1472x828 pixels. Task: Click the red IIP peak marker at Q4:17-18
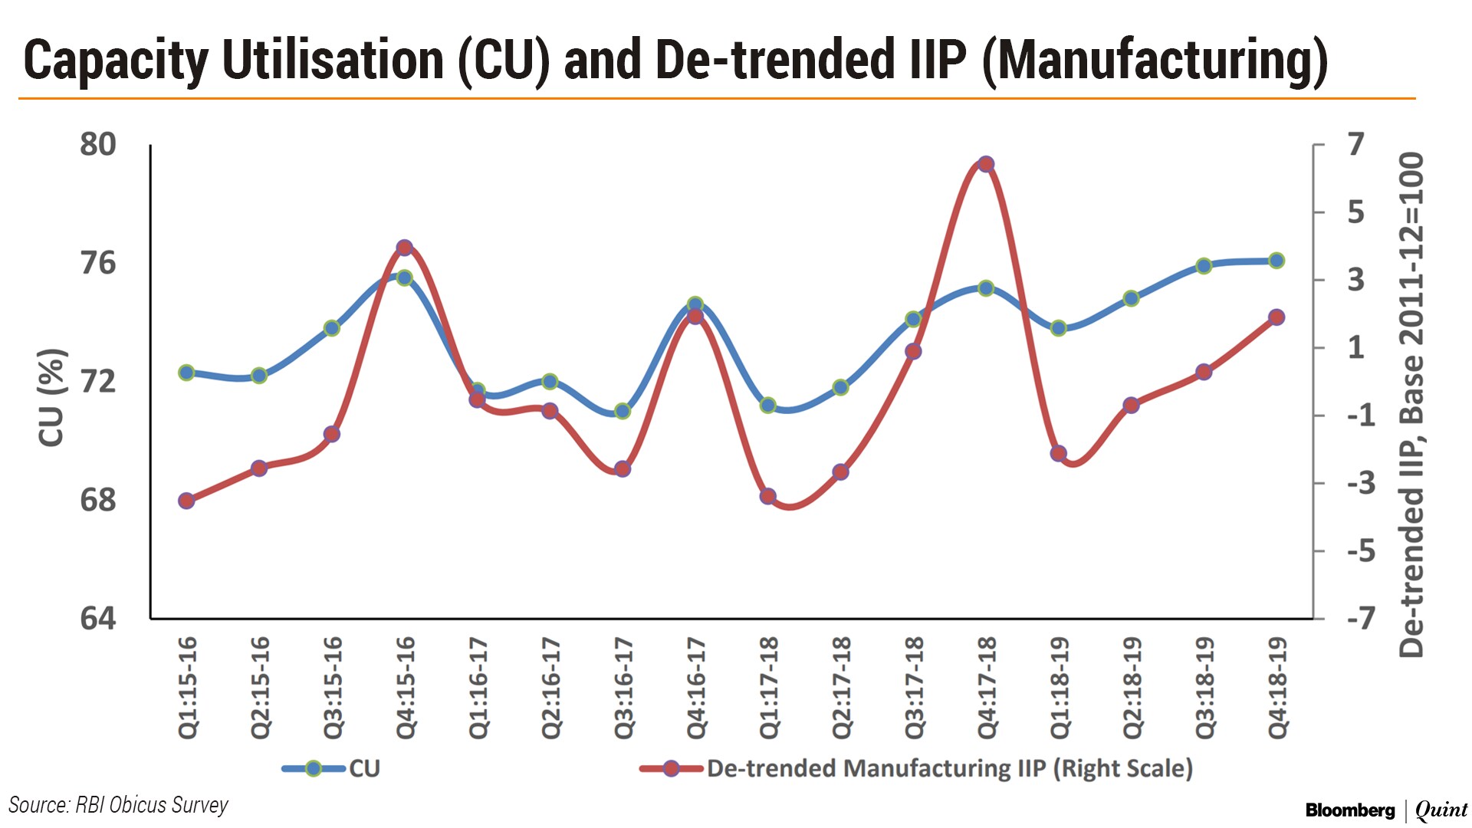click(986, 164)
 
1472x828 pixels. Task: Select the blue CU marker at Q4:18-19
click(1276, 261)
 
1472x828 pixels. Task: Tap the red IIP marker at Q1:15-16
click(186, 501)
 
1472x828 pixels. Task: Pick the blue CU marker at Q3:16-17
click(623, 411)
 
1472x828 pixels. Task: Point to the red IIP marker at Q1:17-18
click(768, 496)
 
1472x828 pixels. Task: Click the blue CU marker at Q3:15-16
click(332, 328)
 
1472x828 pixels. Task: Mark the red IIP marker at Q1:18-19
click(1059, 453)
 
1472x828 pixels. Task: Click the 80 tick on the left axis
click(98, 144)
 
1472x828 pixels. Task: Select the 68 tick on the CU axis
click(98, 500)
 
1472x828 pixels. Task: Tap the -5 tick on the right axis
click(1361, 551)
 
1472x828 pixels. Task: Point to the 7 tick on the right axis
click(1356, 144)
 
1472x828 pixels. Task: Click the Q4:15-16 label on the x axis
click(406, 687)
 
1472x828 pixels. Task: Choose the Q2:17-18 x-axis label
click(842, 687)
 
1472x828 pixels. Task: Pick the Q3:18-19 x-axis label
click(1205, 687)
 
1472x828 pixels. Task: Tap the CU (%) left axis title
click(51, 397)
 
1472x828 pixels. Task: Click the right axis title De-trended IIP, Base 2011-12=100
click(1411, 405)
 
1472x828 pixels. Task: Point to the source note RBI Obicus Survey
click(118, 805)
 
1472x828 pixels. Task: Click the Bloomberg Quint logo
click(1386, 810)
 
